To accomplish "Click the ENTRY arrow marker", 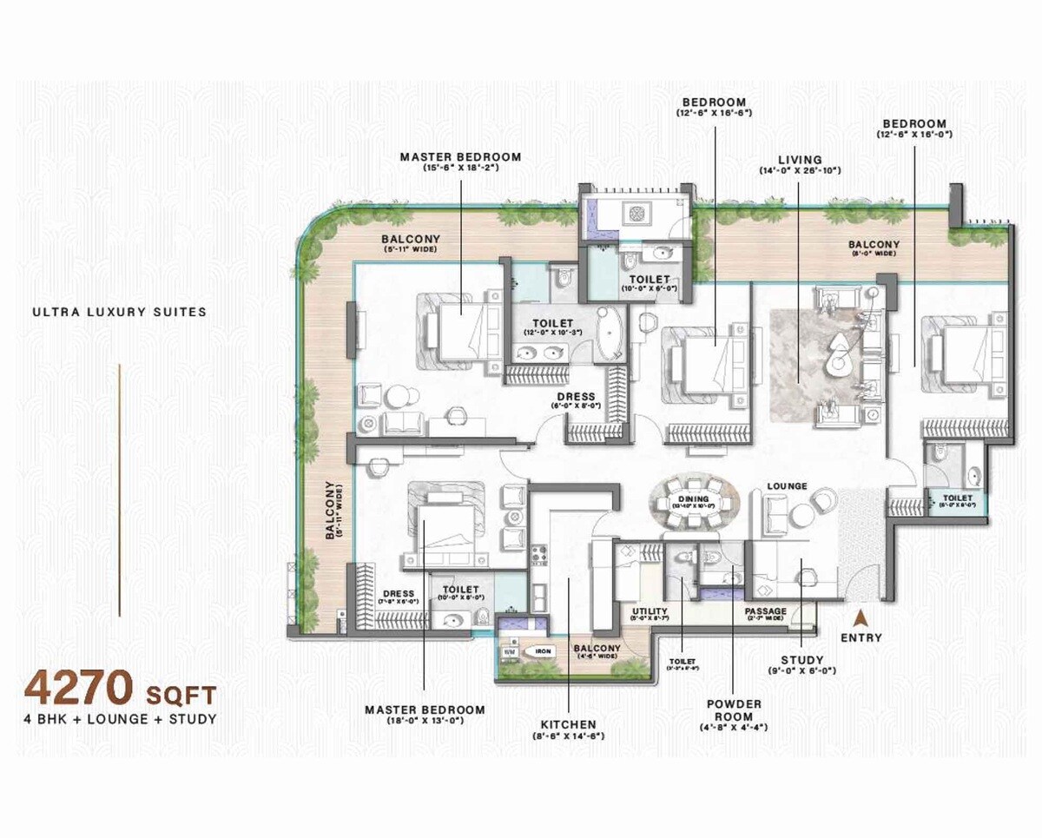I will [x=861, y=619].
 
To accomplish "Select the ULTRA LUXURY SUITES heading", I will [x=120, y=312].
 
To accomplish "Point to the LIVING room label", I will [x=800, y=160].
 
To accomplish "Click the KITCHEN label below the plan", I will [x=568, y=723].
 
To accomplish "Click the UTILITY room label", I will [x=649, y=611].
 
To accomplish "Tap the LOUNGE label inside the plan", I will [x=787, y=485].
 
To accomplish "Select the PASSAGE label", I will [x=766, y=611].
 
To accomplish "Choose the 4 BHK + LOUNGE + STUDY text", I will [x=120, y=718].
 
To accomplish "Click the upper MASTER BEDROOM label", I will [x=460, y=157].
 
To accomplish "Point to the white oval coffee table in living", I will [x=840, y=350].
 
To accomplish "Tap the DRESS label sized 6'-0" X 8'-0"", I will [x=576, y=398].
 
